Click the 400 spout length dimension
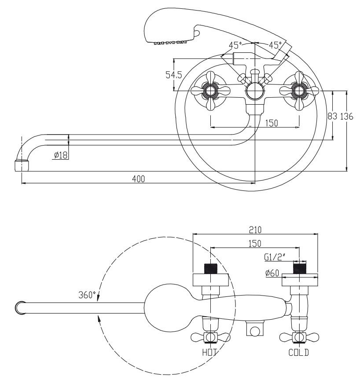[138, 179]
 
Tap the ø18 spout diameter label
[60, 155]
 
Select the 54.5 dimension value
[173, 74]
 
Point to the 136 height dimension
[347, 116]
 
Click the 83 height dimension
[332, 116]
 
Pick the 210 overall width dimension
[255, 230]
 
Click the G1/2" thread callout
[275, 257]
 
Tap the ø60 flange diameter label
[272, 273]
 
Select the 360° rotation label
[87, 295]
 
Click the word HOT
[209, 352]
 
